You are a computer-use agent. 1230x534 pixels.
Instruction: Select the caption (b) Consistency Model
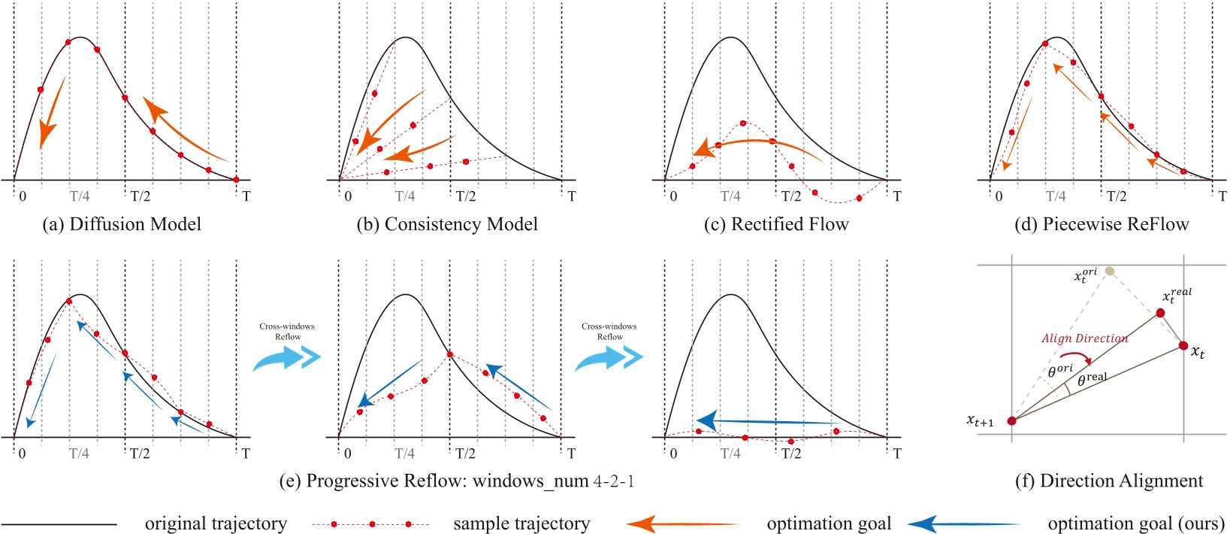pyautogui.click(x=447, y=224)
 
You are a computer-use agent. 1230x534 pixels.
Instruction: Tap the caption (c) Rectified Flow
pyautogui.click(x=777, y=224)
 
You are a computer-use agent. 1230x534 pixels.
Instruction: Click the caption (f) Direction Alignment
pyautogui.click(x=1109, y=481)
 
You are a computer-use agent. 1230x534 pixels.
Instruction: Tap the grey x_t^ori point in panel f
pyautogui.click(x=1110, y=271)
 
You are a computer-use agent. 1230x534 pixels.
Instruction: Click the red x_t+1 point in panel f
pyautogui.click(x=1011, y=420)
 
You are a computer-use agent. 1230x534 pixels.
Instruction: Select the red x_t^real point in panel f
pyautogui.click(x=1160, y=312)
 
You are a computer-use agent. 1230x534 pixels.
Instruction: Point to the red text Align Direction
pyautogui.click(x=1084, y=338)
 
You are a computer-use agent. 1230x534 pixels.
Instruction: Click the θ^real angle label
pyautogui.click(x=1092, y=379)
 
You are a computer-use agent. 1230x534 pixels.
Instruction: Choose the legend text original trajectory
pyautogui.click(x=216, y=523)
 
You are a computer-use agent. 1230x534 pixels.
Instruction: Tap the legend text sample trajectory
pyautogui.click(x=521, y=523)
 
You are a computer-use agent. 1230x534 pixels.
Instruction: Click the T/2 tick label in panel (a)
pyautogui.click(x=140, y=196)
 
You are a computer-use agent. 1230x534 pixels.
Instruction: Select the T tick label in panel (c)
pyautogui.click(x=896, y=196)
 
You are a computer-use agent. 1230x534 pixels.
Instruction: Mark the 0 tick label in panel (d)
pyautogui.click(x=999, y=196)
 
